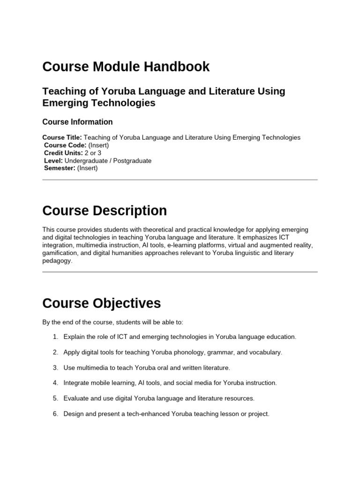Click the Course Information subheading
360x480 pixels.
(77, 122)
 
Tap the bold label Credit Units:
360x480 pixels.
(63, 153)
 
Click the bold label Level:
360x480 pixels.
(53, 161)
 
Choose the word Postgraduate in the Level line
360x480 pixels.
(131, 161)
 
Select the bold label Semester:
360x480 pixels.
(60, 168)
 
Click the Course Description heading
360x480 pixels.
(105, 211)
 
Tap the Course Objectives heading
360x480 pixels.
(101, 303)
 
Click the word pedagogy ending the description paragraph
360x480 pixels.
(57, 261)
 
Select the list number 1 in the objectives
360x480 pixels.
(55, 337)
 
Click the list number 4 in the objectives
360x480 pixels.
(55, 383)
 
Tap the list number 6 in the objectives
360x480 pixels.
(55, 414)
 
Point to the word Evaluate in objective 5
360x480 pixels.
(76, 398)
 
